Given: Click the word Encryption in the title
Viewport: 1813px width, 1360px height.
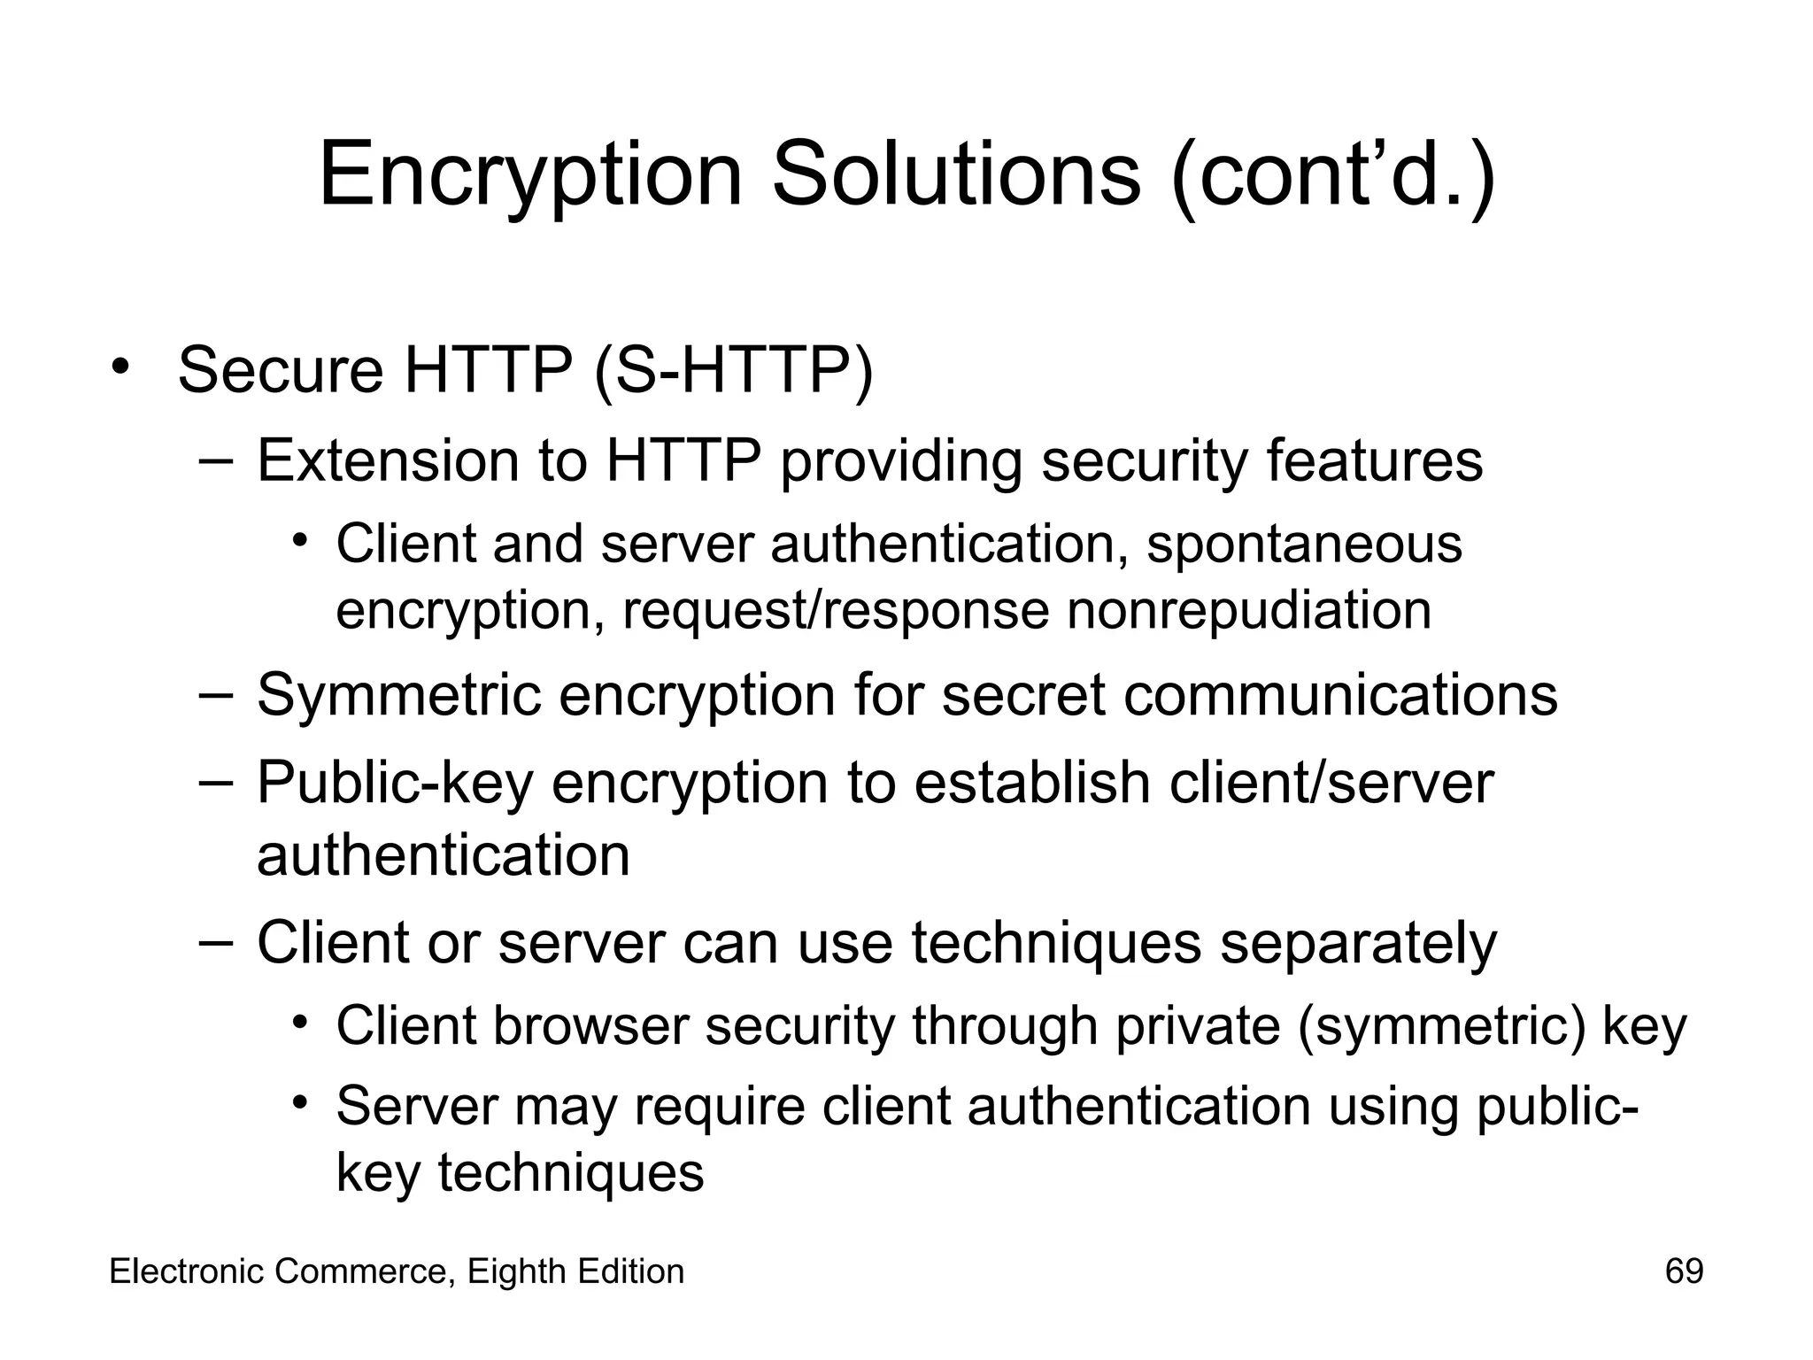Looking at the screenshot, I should click(x=529, y=175).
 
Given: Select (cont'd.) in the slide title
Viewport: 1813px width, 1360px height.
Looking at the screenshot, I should click(x=1333, y=175).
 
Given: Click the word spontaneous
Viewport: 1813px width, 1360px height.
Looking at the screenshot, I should click(x=1304, y=544).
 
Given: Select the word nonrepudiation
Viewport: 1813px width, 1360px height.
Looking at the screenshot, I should click(x=1248, y=610).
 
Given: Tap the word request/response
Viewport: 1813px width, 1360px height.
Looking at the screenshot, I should click(x=835, y=612).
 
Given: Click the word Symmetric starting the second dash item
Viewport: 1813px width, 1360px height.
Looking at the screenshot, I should click(x=398, y=696).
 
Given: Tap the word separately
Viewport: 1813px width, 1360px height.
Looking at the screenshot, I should click(x=1359, y=944).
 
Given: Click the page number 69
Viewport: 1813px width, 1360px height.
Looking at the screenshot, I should click(x=1684, y=1271).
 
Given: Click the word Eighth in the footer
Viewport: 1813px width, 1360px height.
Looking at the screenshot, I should click(x=516, y=1272).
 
